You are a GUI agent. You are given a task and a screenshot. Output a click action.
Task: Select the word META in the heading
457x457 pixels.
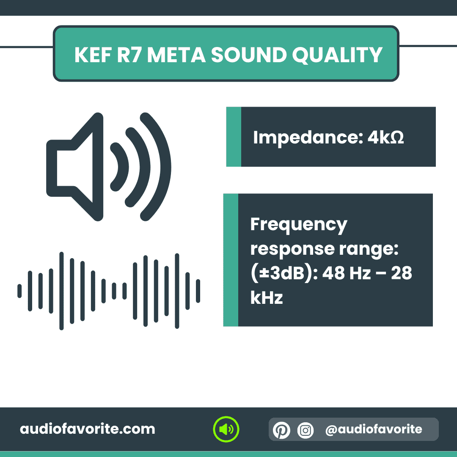[176, 55]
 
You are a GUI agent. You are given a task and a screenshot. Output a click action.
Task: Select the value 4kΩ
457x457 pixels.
[385, 138]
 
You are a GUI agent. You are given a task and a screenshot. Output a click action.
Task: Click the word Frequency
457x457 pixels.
[299, 225]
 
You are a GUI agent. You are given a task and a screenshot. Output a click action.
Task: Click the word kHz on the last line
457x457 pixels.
[266, 298]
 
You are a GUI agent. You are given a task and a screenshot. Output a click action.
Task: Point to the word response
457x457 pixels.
[286, 249]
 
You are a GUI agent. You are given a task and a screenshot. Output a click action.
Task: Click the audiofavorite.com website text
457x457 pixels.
[88, 429]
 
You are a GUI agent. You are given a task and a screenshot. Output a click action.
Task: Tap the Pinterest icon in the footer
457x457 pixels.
[281, 430]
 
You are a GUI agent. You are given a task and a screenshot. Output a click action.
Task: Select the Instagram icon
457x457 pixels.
[306, 430]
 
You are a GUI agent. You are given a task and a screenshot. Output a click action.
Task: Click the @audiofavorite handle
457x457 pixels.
[374, 429]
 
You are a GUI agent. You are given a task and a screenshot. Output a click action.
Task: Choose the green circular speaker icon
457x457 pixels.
[226, 429]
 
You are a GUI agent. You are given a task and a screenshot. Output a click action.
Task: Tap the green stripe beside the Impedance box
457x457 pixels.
[234, 137]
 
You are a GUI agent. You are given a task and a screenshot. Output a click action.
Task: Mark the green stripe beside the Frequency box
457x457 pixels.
[231, 260]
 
